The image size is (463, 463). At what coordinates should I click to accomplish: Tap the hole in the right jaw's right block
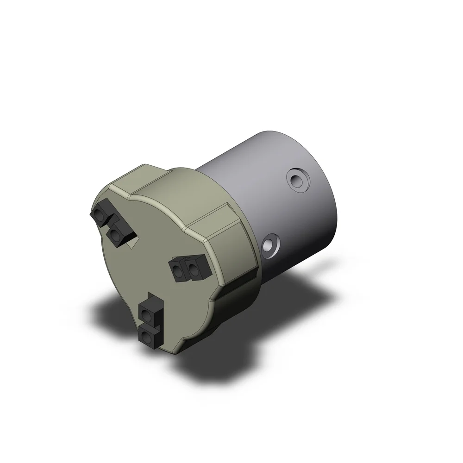tap(193, 270)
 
